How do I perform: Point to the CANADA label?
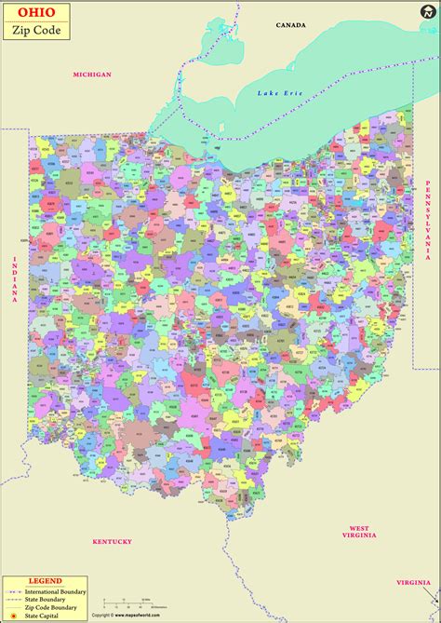click(x=289, y=25)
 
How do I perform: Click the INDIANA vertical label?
click(x=15, y=278)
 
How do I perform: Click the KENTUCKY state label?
click(x=113, y=541)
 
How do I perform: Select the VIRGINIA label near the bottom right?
click(x=413, y=582)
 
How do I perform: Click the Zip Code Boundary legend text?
click(x=56, y=607)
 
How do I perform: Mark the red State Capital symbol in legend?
click(x=13, y=616)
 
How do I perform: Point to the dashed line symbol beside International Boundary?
click(x=14, y=591)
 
